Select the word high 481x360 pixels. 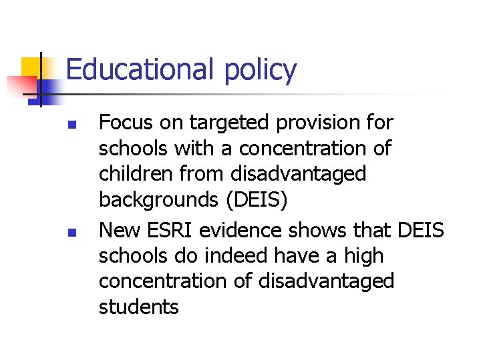(364, 256)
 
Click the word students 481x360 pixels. (139, 307)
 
